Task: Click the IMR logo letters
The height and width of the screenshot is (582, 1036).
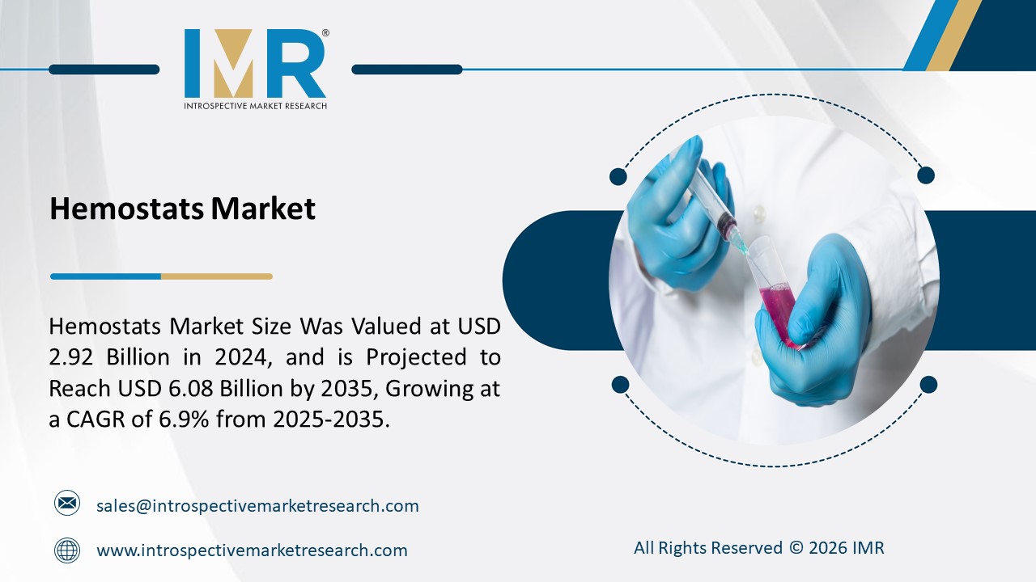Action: point(255,64)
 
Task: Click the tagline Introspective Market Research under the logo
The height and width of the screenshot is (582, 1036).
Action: point(255,106)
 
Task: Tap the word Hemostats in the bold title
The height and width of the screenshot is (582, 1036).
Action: point(126,209)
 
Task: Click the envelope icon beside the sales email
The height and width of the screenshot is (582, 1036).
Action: point(67,504)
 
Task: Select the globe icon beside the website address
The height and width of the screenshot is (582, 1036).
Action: point(67,550)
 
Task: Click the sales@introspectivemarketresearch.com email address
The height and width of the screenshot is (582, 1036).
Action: point(257,506)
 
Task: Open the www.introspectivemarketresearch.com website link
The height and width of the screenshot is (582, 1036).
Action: point(252,550)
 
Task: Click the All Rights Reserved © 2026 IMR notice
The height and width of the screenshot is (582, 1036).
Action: point(758,548)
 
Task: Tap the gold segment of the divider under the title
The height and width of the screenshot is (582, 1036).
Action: point(216,276)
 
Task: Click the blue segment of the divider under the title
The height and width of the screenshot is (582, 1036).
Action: point(105,276)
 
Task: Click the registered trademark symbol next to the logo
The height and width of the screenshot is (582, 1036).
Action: point(325,33)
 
